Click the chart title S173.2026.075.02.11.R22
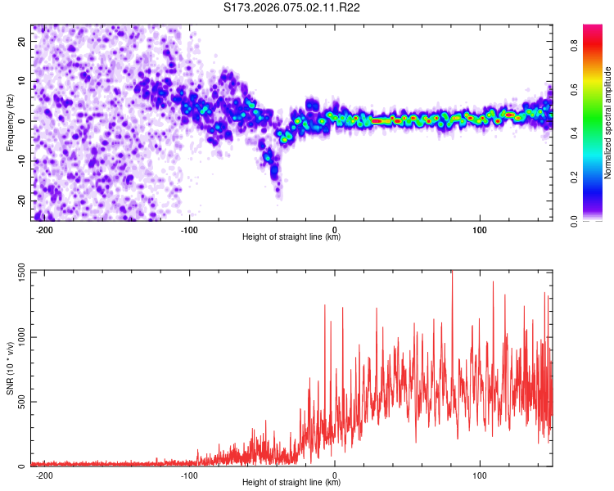tap(292, 8)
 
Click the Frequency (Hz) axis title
tap(10, 122)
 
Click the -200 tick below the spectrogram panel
tap(44, 229)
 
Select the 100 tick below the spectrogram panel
tap(479, 229)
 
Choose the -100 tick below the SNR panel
tap(189, 475)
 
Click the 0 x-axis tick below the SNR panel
tap(335, 475)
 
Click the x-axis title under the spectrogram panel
tap(291, 237)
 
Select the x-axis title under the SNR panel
tap(291, 483)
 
